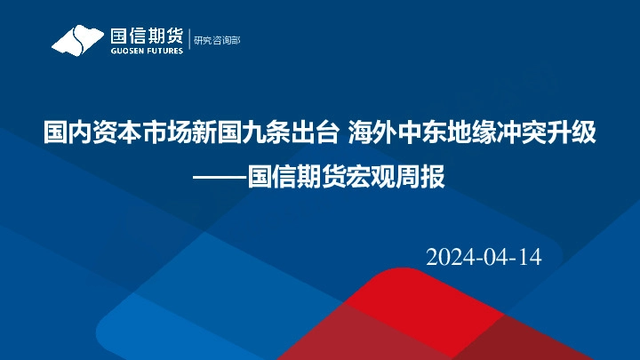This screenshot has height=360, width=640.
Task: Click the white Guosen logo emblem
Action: coord(78,40)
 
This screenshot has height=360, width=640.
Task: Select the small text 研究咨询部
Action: coord(217,40)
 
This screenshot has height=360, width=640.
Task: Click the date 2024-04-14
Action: coord(484,258)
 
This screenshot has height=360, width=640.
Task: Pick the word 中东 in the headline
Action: coord(414,134)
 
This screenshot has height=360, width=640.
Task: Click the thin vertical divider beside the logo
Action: coord(188,40)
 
